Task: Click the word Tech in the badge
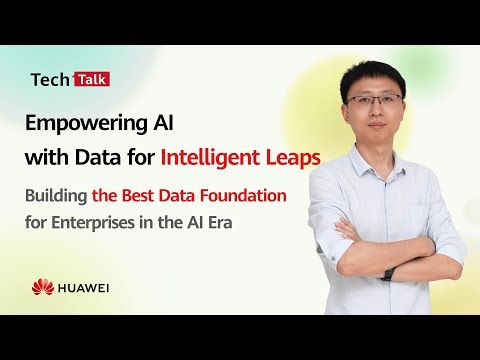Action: click(x=49, y=79)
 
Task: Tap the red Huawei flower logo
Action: click(x=42, y=287)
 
